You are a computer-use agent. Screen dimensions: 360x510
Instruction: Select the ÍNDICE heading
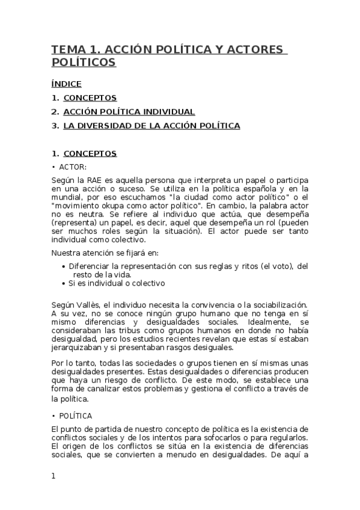(66, 84)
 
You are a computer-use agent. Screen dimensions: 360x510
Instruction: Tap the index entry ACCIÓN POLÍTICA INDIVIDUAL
(129, 111)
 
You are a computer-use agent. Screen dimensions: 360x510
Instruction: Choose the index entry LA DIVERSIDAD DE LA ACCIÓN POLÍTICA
(151, 126)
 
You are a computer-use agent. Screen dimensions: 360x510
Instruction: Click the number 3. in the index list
(55, 126)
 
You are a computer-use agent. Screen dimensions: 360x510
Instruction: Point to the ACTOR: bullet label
(73, 166)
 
